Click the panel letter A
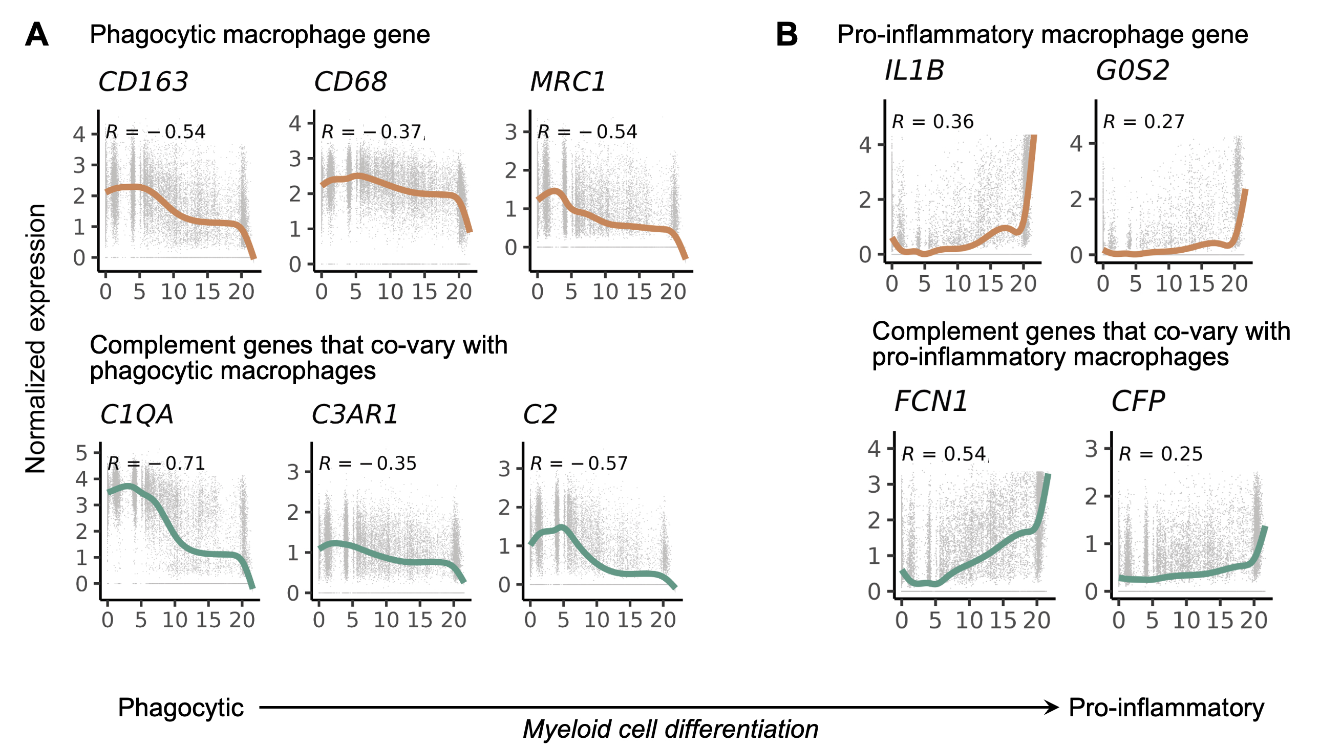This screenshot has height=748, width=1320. [36, 35]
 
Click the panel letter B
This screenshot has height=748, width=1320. [786, 35]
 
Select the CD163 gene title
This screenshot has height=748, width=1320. [143, 82]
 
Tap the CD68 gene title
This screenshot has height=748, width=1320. [350, 82]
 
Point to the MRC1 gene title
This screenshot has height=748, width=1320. [568, 82]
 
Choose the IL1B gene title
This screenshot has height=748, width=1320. [914, 71]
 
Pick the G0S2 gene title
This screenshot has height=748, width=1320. [1133, 71]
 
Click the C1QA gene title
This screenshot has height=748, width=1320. [137, 414]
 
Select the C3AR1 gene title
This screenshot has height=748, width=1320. [355, 414]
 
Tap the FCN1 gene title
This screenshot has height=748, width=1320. [931, 401]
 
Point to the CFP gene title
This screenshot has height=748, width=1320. [1138, 401]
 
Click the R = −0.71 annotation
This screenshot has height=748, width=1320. [156, 464]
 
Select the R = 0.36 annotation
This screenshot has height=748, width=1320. [932, 122]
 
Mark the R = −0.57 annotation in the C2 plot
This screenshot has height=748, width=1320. [579, 464]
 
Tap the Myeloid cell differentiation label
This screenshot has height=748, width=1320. [670, 729]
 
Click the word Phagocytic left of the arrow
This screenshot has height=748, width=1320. [180, 708]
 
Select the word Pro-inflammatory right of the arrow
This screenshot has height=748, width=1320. [1166, 708]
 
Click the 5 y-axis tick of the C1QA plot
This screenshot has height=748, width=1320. [81, 453]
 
